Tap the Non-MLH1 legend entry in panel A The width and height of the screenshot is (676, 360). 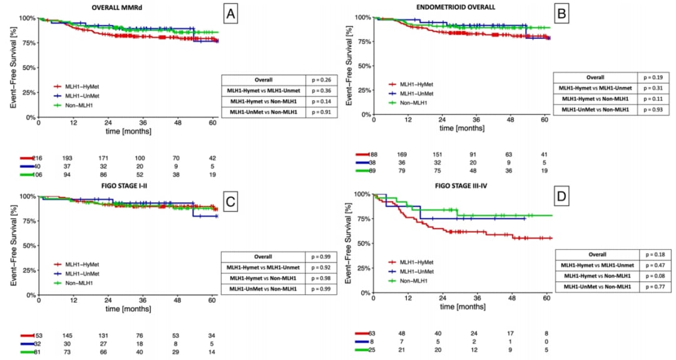73,106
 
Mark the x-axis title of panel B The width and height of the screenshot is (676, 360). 462,128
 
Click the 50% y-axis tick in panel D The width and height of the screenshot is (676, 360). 363,243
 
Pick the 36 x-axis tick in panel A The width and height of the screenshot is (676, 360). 143,123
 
